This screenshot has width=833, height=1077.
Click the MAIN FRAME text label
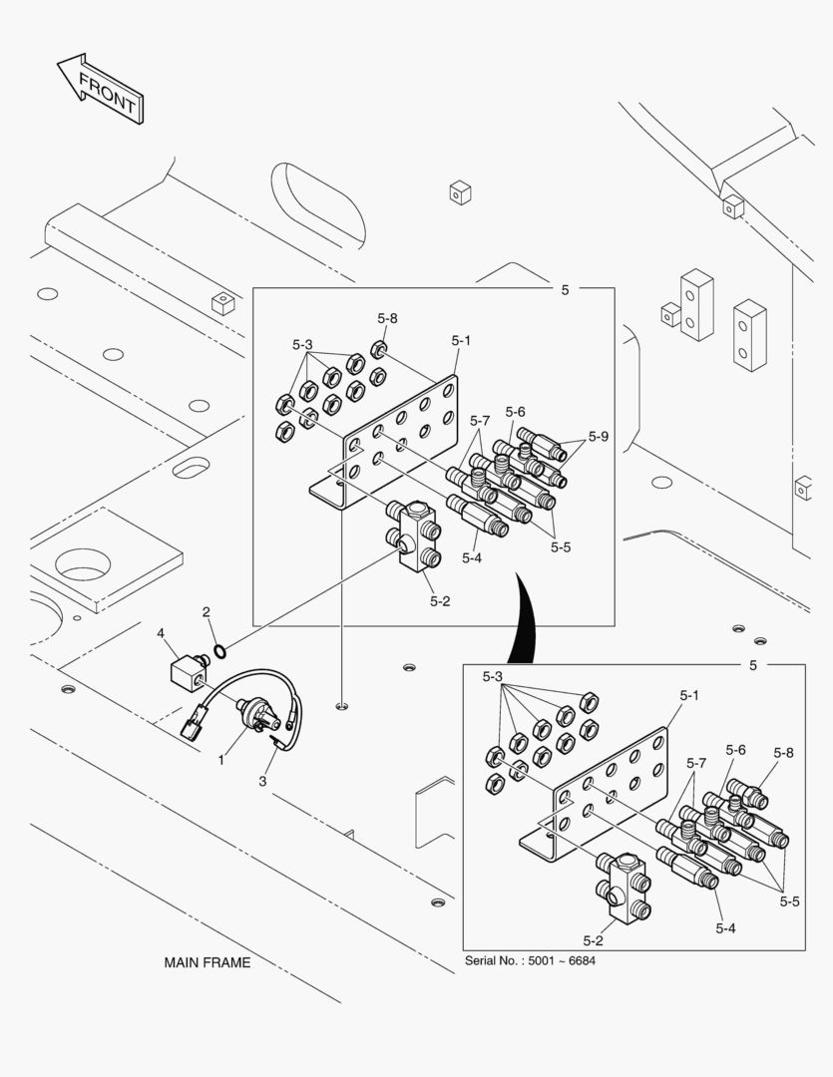click(x=208, y=962)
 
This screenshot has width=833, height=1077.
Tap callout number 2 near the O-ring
click(x=206, y=611)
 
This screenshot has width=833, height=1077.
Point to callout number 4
click(x=160, y=632)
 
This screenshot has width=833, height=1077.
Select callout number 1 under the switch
click(x=221, y=759)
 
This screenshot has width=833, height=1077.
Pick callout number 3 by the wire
click(x=262, y=781)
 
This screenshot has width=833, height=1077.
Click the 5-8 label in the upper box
click(x=387, y=318)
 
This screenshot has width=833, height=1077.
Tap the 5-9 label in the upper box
click(x=599, y=436)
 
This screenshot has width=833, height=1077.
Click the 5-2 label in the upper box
click(x=441, y=600)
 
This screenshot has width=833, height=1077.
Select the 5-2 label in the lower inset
click(x=593, y=939)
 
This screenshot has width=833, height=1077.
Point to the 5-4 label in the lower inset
click(x=726, y=927)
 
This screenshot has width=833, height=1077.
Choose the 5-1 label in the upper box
click(x=460, y=340)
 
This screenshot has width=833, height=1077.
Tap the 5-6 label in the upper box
click(x=515, y=411)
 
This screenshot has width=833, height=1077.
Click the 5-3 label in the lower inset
click(x=493, y=676)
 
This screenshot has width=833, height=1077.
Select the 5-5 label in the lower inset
click(x=789, y=900)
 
